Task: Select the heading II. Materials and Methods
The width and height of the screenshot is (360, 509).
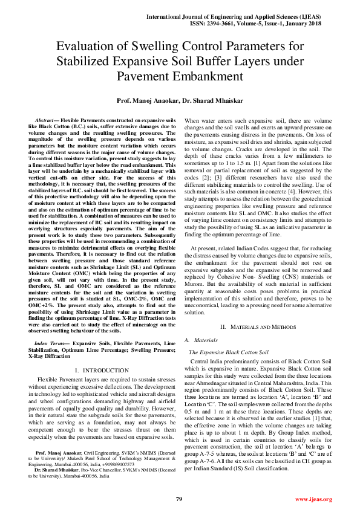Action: pos(258,326)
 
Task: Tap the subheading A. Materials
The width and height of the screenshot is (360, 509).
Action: pos(205,340)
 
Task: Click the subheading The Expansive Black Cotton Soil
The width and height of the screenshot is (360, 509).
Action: pos(229,351)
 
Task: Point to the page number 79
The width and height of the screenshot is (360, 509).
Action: pos(179,499)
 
